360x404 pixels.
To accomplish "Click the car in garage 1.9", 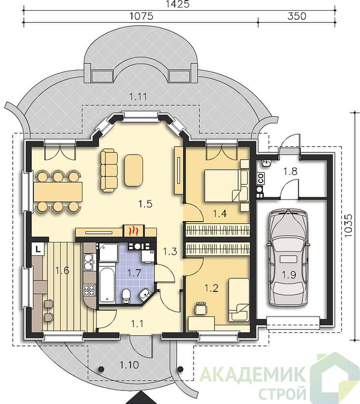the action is tap(288, 258).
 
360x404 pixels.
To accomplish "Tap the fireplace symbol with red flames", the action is tap(132, 231).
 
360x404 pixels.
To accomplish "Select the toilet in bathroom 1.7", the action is tap(126, 296).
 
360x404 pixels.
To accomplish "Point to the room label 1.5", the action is tap(145, 204).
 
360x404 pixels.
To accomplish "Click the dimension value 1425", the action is tap(177, 4).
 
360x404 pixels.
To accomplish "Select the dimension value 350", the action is tap(297, 16).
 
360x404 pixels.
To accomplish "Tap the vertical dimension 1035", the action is tap(348, 226).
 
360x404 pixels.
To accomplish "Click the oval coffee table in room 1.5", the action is tap(133, 170).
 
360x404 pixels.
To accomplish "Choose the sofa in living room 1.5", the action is tap(109, 171).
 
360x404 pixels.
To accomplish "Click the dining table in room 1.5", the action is tap(58, 192).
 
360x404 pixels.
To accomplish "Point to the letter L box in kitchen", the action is tap(38, 249).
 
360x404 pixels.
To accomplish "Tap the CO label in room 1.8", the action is tap(261, 178).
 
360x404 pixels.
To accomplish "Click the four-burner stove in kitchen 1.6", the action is tap(89, 290).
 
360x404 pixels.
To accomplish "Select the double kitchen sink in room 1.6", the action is tap(89, 262).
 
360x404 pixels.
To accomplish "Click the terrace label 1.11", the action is tap(138, 96).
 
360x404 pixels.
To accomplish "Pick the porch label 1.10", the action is tap(129, 365).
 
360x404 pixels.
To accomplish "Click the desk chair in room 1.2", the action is tap(201, 308).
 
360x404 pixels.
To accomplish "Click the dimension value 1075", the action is tap(141, 16).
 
